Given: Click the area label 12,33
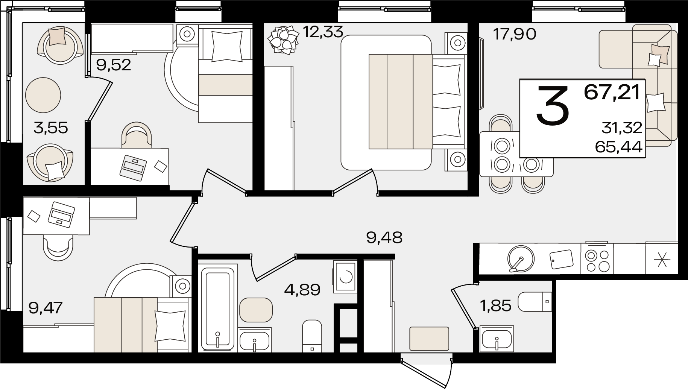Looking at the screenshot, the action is click(323, 32).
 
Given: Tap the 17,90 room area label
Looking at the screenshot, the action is click(515, 35).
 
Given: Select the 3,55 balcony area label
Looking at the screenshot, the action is click(51, 128).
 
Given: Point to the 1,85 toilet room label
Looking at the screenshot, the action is click(496, 305).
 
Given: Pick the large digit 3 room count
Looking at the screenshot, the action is click(552, 105).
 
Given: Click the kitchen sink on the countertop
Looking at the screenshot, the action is click(521, 258).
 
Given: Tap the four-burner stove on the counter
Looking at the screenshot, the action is click(597, 258).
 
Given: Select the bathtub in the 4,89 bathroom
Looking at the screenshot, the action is click(217, 308).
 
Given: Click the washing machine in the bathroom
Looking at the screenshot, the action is click(345, 277).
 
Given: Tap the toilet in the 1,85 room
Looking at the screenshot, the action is click(535, 302).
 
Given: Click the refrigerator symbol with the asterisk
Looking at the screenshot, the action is click(662, 258).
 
